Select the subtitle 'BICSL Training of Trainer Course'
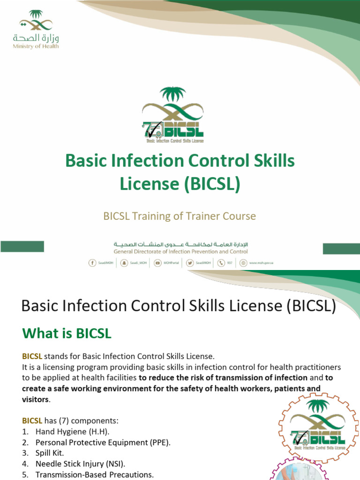pos(180,216)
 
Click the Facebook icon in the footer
pos(92,263)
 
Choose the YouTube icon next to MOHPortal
pos(157,263)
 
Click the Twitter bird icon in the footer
pos(190,263)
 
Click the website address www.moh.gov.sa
pos(261,263)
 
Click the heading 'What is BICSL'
pos(67,333)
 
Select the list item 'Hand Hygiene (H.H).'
pos(72,432)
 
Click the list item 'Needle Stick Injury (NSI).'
pos(80,464)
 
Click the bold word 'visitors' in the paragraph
pos(36,399)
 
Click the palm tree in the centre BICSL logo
pos(173,95)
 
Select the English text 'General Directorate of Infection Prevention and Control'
pos(180,252)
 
